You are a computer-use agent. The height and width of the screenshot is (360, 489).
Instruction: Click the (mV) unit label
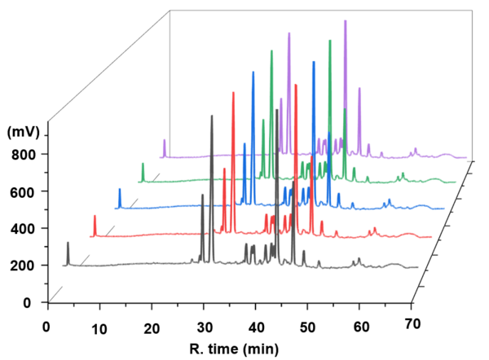(24, 131)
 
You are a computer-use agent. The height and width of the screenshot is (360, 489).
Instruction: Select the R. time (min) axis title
(231, 349)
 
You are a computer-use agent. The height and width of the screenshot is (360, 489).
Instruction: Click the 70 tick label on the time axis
(412, 324)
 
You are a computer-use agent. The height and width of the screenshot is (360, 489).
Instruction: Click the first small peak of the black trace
(68, 244)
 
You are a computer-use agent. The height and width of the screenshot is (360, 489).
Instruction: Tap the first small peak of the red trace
(95, 217)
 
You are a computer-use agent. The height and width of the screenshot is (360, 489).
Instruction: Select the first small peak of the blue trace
(120, 191)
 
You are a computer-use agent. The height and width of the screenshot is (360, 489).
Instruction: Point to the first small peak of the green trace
(143, 165)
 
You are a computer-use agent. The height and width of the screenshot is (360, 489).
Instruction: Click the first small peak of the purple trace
(165, 141)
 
